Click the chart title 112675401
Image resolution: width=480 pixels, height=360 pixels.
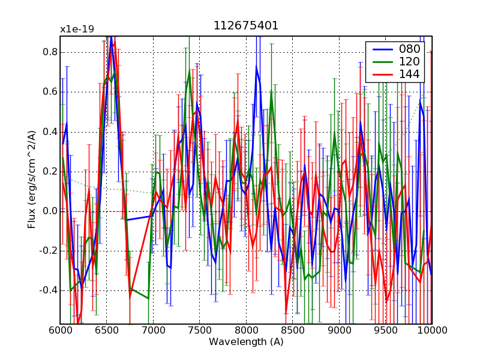[x=245, y=26]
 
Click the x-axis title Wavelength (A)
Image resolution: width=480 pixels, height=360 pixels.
[x=246, y=342]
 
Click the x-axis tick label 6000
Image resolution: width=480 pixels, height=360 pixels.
[x=60, y=331]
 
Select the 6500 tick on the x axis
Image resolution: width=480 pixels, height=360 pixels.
[x=106, y=331]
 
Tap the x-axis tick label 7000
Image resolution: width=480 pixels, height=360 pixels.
[x=153, y=331]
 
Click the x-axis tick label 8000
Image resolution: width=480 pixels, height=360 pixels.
[x=246, y=331]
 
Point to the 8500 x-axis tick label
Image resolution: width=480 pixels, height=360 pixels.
[x=292, y=331]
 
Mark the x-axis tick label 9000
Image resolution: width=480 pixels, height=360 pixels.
[x=339, y=331]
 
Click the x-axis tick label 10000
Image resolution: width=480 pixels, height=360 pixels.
[x=431, y=331]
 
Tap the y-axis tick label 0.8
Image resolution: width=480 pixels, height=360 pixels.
[x=49, y=52]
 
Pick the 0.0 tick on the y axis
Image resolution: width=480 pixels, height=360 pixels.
[x=49, y=211]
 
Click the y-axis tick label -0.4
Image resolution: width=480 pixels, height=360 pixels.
[x=47, y=290]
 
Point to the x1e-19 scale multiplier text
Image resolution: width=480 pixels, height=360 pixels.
[x=77, y=29]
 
